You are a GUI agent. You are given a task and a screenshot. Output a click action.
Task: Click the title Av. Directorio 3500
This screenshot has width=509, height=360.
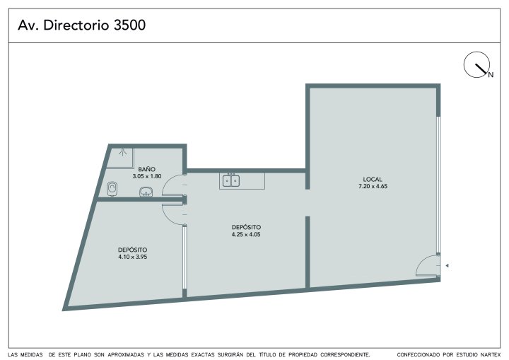pyautogui.click(x=81, y=25)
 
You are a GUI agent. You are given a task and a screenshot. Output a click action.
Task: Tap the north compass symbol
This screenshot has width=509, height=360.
pyautogui.click(x=476, y=64)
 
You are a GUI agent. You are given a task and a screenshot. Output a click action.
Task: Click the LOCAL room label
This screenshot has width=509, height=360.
pyautogui.click(x=373, y=180)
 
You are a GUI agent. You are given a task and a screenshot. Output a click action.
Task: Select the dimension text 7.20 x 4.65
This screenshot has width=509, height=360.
pyautogui.click(x=373, y=187)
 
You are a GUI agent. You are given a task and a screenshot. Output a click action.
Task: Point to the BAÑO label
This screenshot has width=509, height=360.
pyautogui.click(x=147, y=169)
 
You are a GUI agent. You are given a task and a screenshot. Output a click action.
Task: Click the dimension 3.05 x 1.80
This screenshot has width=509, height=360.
pyautogui.click(x=147, y=176)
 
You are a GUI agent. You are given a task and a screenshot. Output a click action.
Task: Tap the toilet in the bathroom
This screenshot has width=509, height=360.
pyautogui.click(x=112, y=189)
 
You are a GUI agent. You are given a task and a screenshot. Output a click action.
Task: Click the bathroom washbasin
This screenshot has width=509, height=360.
pyautogui.click(x=146, y=192)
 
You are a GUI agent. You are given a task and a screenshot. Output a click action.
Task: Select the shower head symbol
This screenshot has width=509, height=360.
pyautogui.click(x=122, y=152)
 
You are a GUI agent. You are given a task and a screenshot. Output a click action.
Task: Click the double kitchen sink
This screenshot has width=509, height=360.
pyautogui.click(x=231, y=180)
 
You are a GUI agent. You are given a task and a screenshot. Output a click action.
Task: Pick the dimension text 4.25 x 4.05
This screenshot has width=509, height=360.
pyautogui.click(x=246, y=235)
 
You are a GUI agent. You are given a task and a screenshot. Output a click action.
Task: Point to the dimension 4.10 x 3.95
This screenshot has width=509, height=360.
pyautogui.click(x=133, y=257)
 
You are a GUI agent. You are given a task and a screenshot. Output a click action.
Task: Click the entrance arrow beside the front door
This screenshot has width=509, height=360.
pyautogui.click(x=447, y=266)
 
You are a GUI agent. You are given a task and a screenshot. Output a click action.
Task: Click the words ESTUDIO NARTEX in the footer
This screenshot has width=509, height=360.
pyautogui.click(x=480, y=354)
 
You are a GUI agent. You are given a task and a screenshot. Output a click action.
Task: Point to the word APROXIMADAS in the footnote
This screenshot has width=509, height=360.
pyautogui.click(x=126, y=354)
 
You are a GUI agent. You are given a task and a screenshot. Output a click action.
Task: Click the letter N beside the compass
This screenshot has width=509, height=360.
pyautogui.click(x=491, y=75)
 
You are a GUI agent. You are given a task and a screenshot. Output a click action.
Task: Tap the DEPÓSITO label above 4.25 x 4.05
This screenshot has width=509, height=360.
pyautogui.click(x=246, y=228)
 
